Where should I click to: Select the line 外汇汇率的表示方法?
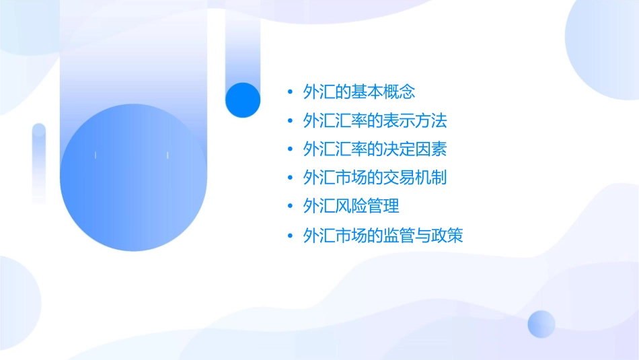375,120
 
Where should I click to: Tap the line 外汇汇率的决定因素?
375,149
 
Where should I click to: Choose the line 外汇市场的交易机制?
375,178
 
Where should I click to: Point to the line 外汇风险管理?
351,206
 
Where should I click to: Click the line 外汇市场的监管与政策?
383,235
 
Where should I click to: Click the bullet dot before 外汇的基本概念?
290,92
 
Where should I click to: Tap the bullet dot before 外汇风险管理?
290,207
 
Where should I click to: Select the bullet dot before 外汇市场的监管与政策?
290,236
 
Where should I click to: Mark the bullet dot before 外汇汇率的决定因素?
290,149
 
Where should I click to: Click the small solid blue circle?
242,100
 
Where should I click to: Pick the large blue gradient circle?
133,178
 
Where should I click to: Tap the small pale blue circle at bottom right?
541,324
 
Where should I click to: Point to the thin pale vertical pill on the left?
39,163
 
